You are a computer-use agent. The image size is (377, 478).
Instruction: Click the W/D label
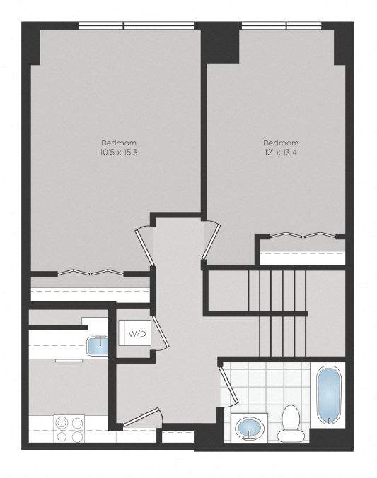(137, 334)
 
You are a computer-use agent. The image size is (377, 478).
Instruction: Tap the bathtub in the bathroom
(329, 395)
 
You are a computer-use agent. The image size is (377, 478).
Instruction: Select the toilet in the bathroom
(290, 424)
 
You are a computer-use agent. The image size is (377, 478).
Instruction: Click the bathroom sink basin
(249, 427)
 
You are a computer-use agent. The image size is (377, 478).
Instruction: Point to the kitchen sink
(97, 346)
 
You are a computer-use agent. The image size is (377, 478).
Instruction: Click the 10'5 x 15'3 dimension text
(119, 152)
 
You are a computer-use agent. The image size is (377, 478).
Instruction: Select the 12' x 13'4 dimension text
(281, 152)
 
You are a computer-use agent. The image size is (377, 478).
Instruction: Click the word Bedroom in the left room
(119, 143)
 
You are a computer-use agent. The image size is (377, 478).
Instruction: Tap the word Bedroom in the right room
(281, 143)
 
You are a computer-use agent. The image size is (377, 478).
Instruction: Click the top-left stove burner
(62, 423)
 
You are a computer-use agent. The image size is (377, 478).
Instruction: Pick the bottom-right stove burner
(78, 437)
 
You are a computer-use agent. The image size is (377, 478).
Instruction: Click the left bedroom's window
(137, 25)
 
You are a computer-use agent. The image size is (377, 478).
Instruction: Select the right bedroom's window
(282, 25)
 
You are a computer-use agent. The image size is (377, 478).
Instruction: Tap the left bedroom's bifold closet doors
(91, 273)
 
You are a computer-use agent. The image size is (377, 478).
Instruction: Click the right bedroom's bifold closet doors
(303, 234)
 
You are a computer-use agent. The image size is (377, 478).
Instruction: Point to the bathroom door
(228, 385)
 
